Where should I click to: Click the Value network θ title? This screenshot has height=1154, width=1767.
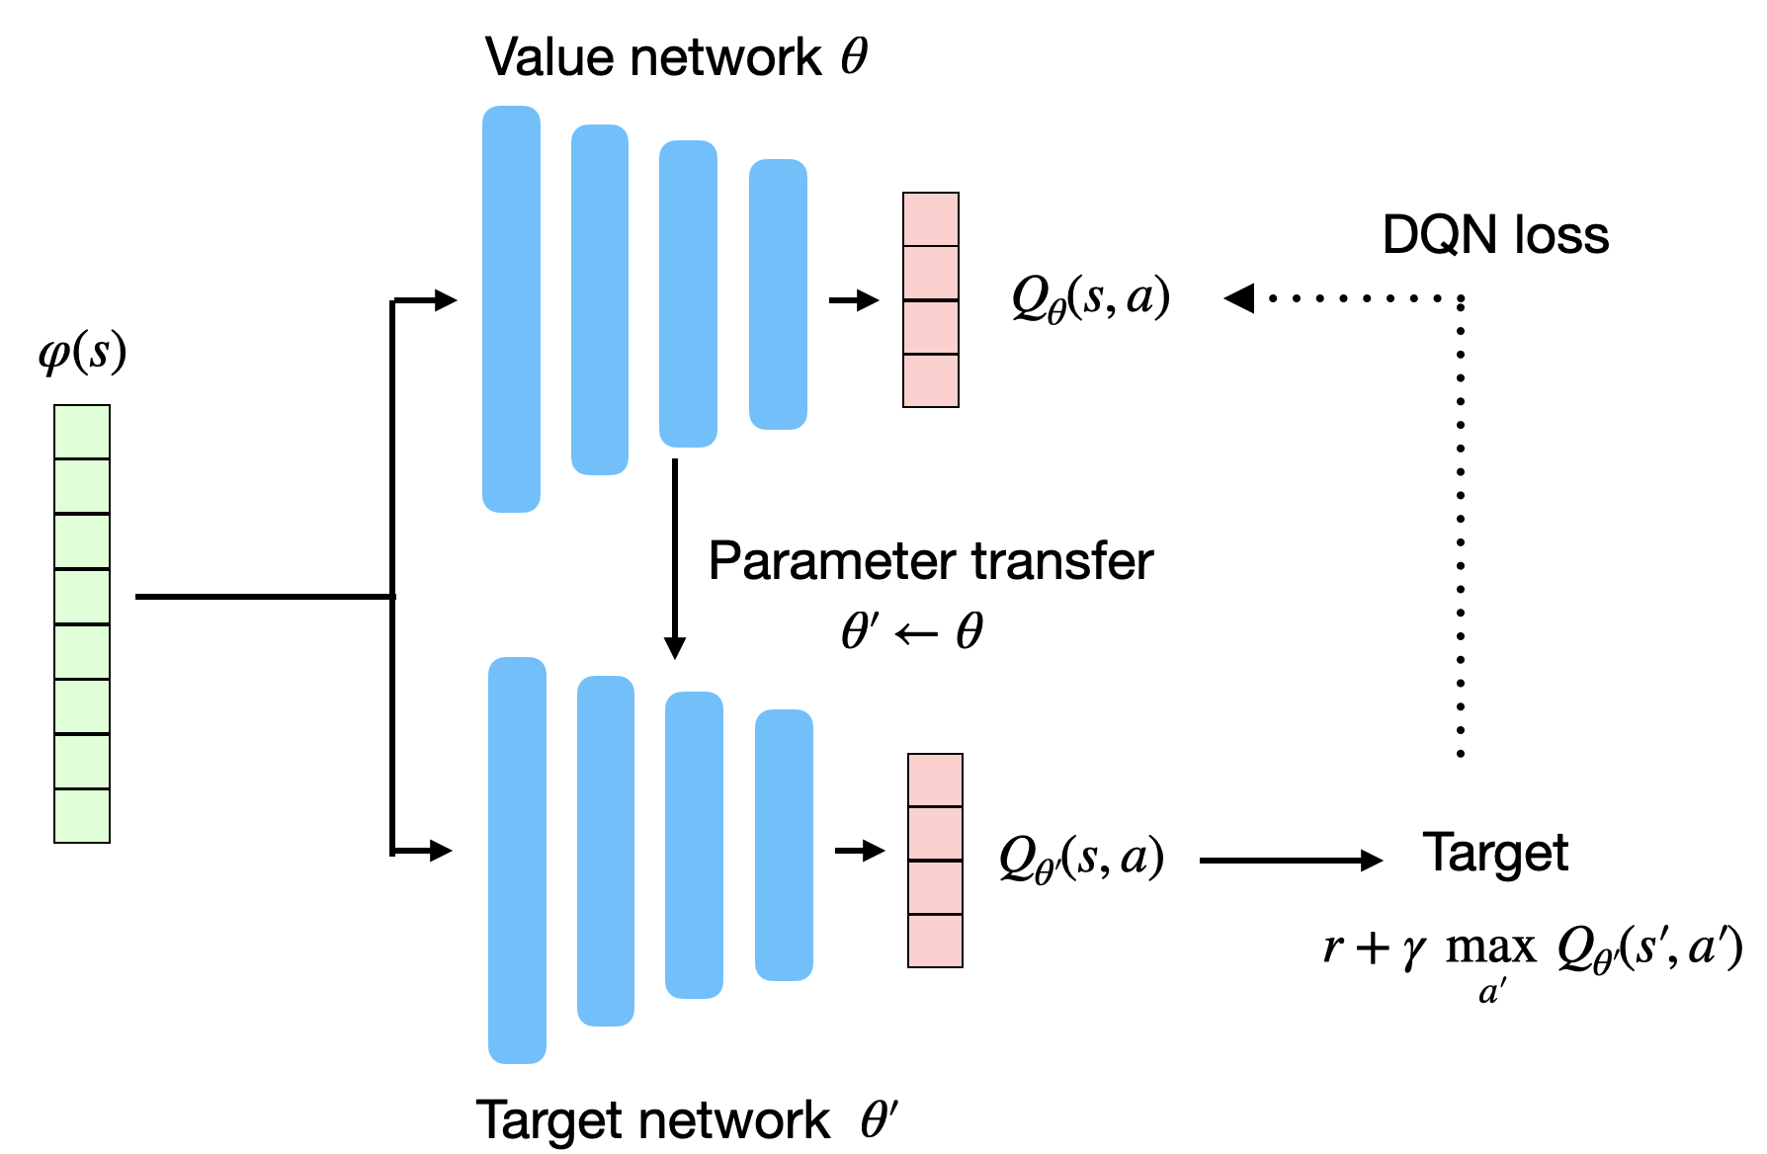676,56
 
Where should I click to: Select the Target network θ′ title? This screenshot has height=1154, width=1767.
686,1119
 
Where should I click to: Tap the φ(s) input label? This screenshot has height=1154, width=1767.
83,352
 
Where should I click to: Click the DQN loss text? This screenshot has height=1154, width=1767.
1494,235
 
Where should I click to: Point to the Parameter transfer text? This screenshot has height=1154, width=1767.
930,561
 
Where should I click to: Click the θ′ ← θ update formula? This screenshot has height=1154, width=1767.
911,631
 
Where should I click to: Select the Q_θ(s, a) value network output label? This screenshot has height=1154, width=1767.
1090,296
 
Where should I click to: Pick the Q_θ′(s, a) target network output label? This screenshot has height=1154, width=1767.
1081,858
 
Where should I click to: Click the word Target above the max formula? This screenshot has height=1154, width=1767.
1494,852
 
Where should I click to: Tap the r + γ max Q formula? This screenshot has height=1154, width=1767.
1532,950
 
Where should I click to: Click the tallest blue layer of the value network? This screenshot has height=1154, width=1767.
511,308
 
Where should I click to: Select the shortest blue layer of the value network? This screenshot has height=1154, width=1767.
778,294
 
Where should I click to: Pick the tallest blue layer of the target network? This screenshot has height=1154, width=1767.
517,860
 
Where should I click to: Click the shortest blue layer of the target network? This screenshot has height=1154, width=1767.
784,845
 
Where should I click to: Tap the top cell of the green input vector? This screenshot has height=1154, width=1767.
82,432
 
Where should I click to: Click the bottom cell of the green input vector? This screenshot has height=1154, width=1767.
82,815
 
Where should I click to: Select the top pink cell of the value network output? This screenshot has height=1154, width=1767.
931,219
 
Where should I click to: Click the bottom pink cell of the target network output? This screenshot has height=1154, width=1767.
935,941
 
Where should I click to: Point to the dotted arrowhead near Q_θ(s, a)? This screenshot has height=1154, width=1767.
1239,297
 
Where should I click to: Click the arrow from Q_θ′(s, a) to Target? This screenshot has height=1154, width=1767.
1290,861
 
